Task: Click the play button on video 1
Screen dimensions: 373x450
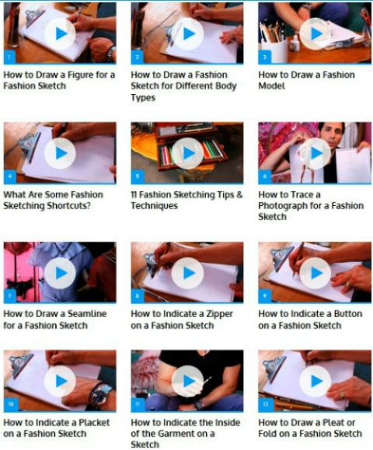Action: (x=60, y=33)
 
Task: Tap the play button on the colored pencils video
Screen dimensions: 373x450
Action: (x=187, y=153)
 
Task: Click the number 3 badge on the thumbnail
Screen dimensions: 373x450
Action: (x=264, y=57)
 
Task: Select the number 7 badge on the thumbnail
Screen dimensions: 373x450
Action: (x=10, y=296)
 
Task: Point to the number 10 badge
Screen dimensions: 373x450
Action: (x=11, y=404)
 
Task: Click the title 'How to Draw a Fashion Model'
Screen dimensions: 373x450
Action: (x=306, y=80)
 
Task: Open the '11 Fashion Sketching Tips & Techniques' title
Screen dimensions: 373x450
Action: (x=186, y=200)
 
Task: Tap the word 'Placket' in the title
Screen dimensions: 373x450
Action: (x=94, y=423)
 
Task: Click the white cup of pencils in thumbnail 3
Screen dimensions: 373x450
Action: (x=274, y=51)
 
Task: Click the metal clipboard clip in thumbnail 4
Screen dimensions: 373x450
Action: (x=29, y=145)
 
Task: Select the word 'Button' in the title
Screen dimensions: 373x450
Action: (x=348, y=314)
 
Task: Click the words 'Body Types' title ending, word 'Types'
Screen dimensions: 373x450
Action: (x=143, y=98)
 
